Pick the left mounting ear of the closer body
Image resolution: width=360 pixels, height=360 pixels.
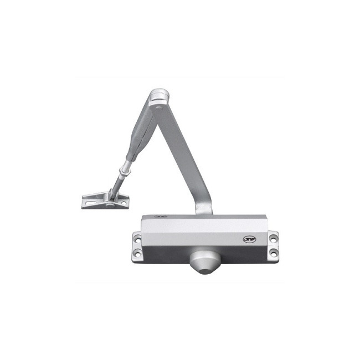point(137,247)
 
